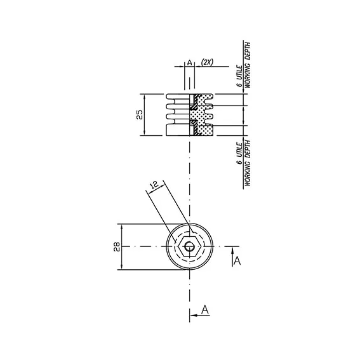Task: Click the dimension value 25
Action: [x=140, y=114]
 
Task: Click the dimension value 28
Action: [x=117, y=246]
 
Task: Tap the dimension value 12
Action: [x=154, y=185]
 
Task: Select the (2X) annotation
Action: [x=207, y=62]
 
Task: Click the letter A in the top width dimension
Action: [x=189, y=62]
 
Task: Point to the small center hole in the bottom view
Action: [x=189, y=247]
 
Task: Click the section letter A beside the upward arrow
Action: [x=237, y=261]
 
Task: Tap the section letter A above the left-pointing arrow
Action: [x=205, y=309]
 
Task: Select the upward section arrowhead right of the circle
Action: [x=232, y=251]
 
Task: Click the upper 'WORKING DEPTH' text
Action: [x=248, y=65]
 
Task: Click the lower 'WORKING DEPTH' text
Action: [x=248, y=163]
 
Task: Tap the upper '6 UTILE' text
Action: [x=240, y=76]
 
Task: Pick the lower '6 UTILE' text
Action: [x=240, y=153]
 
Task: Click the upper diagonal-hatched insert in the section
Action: [x=195, y=102]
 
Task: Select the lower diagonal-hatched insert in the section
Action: [x=195, y=127]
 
